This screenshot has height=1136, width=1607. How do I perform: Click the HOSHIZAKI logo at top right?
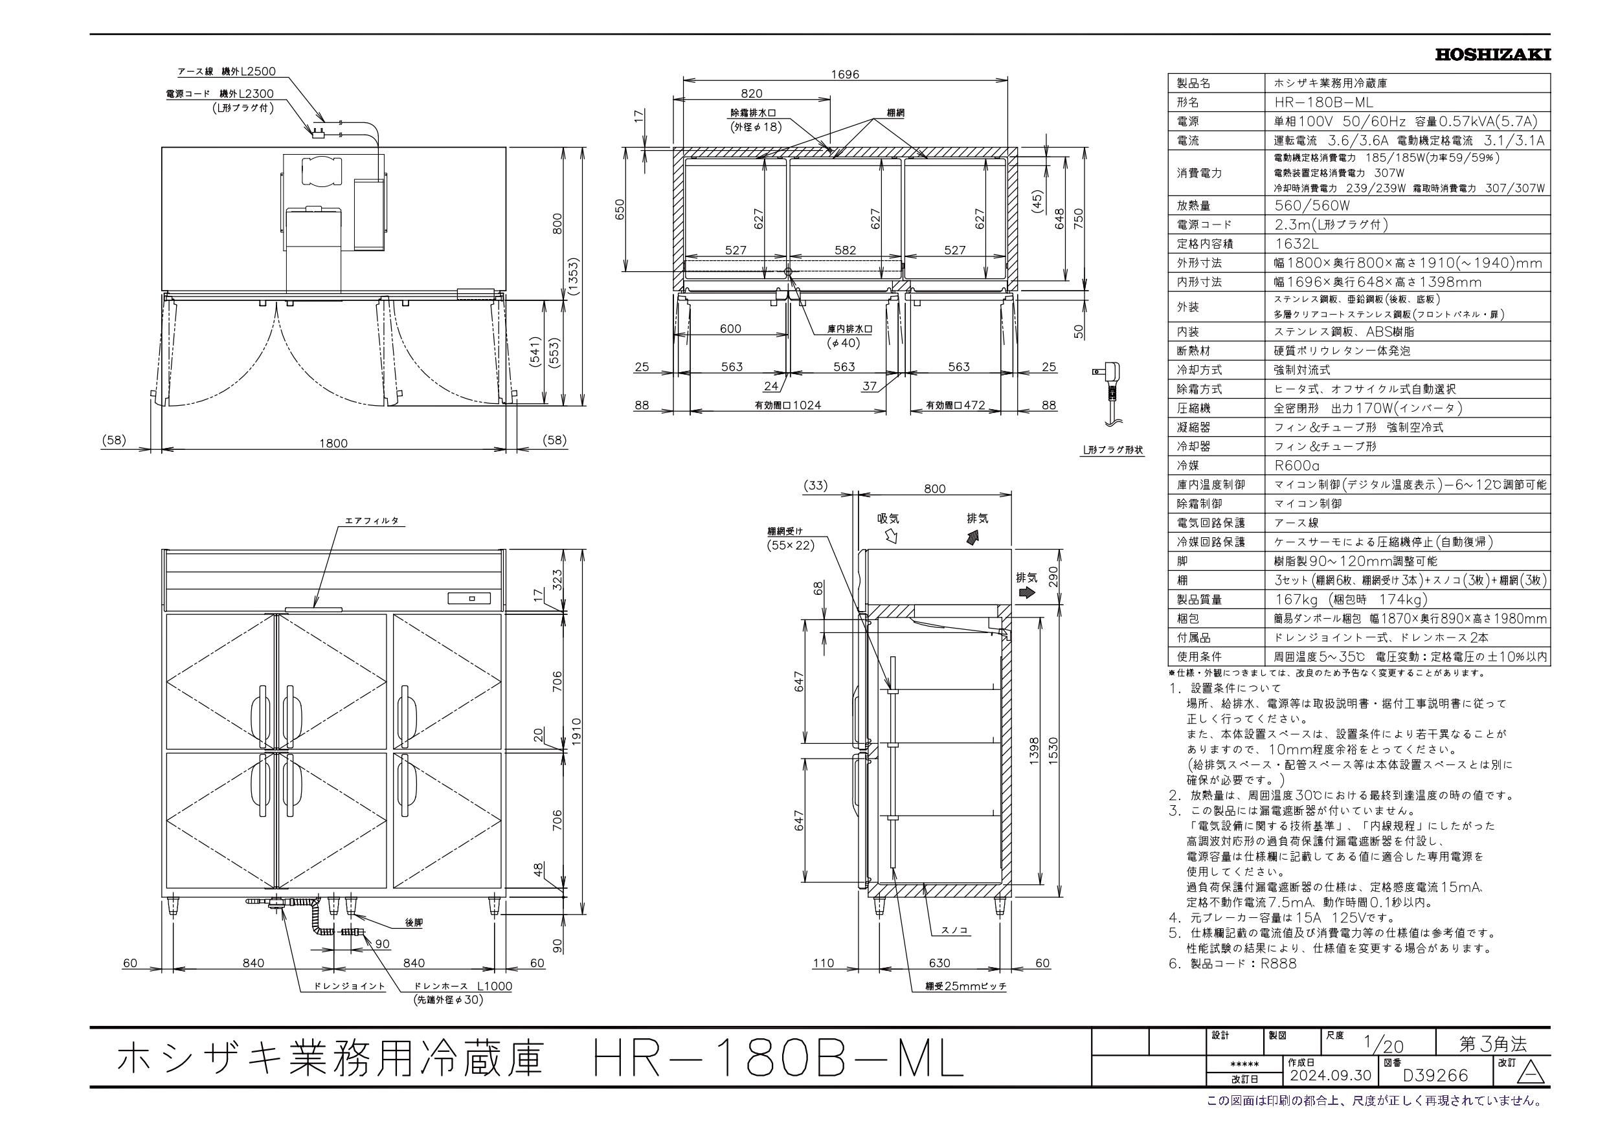1492,54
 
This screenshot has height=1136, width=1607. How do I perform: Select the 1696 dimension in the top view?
845,74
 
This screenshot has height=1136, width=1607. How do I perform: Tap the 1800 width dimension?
333,443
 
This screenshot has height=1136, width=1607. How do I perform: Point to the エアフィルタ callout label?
371,521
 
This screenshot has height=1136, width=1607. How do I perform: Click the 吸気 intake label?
888,518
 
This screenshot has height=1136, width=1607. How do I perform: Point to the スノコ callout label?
952,930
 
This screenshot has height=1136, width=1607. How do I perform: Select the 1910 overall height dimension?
577,731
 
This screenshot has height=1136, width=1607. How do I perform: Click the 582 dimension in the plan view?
845,250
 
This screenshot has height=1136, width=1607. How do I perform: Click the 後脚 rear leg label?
414,922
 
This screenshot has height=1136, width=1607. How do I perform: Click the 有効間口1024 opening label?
787,405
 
